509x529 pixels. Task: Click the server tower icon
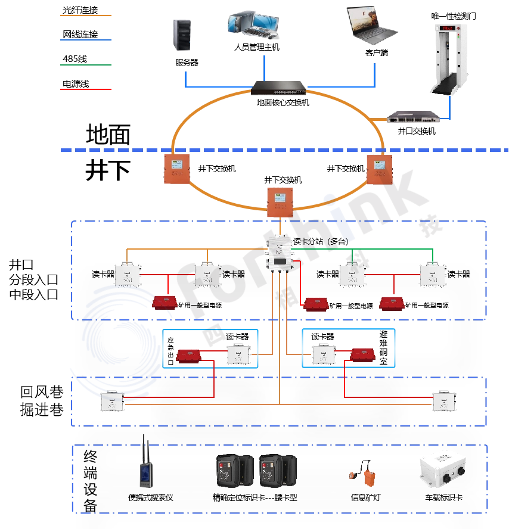[182, 35]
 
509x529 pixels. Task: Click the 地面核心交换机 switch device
[280, 88]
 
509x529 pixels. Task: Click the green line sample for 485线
[86, 65]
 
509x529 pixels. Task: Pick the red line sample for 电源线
[86, 89]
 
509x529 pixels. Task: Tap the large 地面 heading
[108, 135]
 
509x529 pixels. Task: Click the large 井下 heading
[108, 170]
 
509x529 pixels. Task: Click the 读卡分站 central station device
[279, 253]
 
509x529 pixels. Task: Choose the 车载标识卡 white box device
[444, 474]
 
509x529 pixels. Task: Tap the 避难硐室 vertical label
[383, 348]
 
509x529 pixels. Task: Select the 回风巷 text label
[42, 393]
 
